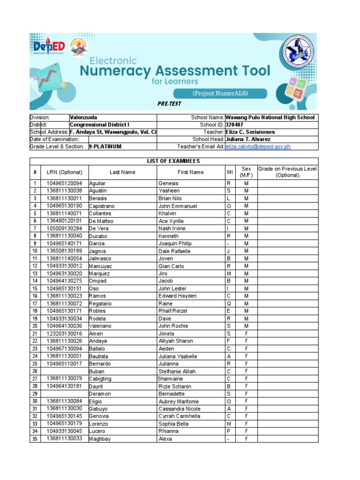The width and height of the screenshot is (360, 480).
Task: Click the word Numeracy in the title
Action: point(115,71)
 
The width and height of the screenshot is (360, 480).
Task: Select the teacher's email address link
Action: point(258,147)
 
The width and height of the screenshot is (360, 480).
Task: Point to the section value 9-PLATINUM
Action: point(105,147)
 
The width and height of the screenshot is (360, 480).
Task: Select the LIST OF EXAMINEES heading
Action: point(173,161)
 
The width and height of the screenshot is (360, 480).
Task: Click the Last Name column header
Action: point(122,172)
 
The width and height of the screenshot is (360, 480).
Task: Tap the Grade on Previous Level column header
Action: point(287,172)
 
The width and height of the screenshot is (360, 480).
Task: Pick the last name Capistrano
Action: point(102,206)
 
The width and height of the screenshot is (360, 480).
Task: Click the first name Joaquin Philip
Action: point(174,243)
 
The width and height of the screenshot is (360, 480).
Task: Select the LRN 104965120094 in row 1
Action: point(64,183)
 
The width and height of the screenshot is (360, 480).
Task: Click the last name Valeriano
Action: point(100,326)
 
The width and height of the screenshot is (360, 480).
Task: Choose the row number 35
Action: point(35,439)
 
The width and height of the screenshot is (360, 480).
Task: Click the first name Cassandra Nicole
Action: point(179,408)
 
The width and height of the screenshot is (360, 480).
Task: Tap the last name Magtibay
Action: point(100,439)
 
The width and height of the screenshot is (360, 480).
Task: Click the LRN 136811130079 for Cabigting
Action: point(64,378)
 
